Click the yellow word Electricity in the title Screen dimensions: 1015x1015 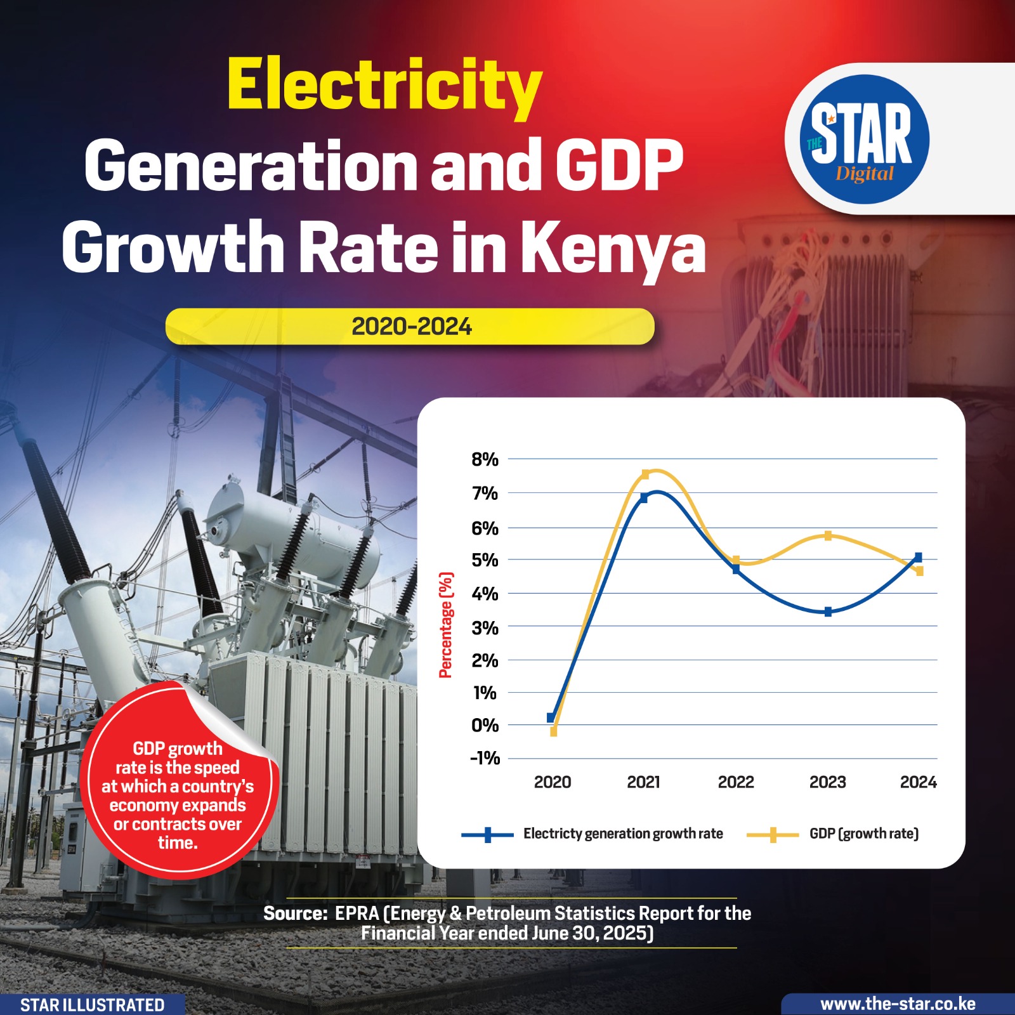(x=384, y=86)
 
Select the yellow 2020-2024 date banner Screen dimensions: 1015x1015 (x=410, y=327)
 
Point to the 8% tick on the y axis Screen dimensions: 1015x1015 (x=485, y=459)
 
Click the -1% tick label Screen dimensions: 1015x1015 (x=485, y=758)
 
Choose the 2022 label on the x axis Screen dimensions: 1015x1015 (x=736, y=782)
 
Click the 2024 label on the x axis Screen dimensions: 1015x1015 (x=918, y=782)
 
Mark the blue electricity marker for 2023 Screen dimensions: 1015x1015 (x=828, y=612)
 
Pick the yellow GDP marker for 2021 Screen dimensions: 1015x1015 (x=646, y=475)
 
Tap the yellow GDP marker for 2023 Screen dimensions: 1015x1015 (x=828, y=536)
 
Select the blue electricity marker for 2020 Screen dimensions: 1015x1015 (x=551, y=718)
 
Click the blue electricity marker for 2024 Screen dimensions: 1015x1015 (x=918, y=558)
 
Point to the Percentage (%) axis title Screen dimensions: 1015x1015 (x=446, y=625)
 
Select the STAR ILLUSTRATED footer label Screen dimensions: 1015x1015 (x=92, y=1005)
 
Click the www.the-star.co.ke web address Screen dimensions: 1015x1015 (x=898, y=1004)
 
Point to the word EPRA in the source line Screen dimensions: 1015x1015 (x=357, y=913)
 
